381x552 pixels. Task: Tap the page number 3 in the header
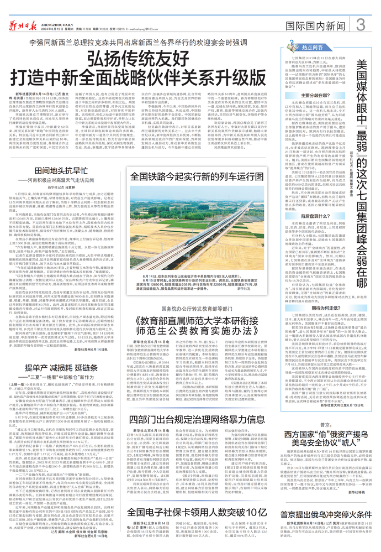click(360, 24)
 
